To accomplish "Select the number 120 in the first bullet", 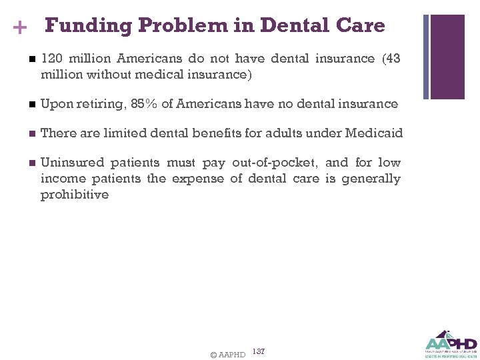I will coord(51,59).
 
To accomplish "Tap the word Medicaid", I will coord(374,133).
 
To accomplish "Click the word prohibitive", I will coord(74,195).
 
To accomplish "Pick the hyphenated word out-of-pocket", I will coord(274,163).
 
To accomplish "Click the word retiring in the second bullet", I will coord(98,104).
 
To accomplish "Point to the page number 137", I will coord(259,351).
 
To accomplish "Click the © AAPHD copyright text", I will coord(227,354).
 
